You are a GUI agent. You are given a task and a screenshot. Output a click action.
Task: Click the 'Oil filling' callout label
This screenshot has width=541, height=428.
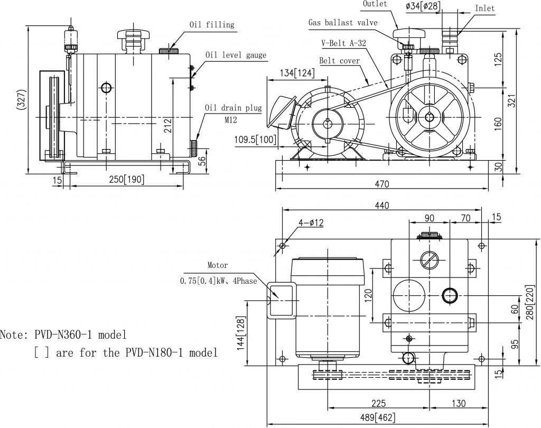pyautogui.click(x=212, y=24)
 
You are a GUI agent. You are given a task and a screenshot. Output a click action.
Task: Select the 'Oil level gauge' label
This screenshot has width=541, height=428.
pyautogui.click(x=236, y=55)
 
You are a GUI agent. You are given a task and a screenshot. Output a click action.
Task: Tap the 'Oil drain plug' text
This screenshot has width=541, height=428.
pyautogui.click(x=233, y=108)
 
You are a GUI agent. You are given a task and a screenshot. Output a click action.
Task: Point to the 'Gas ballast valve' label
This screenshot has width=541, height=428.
pyautogui.click(x=343, y=22)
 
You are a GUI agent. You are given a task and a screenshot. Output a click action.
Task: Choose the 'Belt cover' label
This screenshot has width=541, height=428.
pyautogui.click(x=339, y=61)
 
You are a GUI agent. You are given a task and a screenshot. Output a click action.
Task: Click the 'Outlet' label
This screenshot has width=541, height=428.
pyautogui.click(x=375, y=4)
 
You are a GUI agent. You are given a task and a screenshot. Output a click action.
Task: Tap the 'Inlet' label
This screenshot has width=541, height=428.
pyautogui.click(x=485, y=8)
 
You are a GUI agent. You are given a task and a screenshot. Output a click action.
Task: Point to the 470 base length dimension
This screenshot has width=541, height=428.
pyautogui.click(x=381, y=184)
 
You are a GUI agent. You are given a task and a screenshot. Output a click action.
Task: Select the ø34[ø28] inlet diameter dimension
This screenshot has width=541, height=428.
pyautogui.click(x=423, y=6)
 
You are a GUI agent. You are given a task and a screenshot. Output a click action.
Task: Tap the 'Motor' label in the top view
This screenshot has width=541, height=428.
pyautogui.click(x=217, y=266)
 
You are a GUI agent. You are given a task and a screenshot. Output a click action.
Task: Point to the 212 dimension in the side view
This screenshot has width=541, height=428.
pyautogui.click(x=167, y=125)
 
